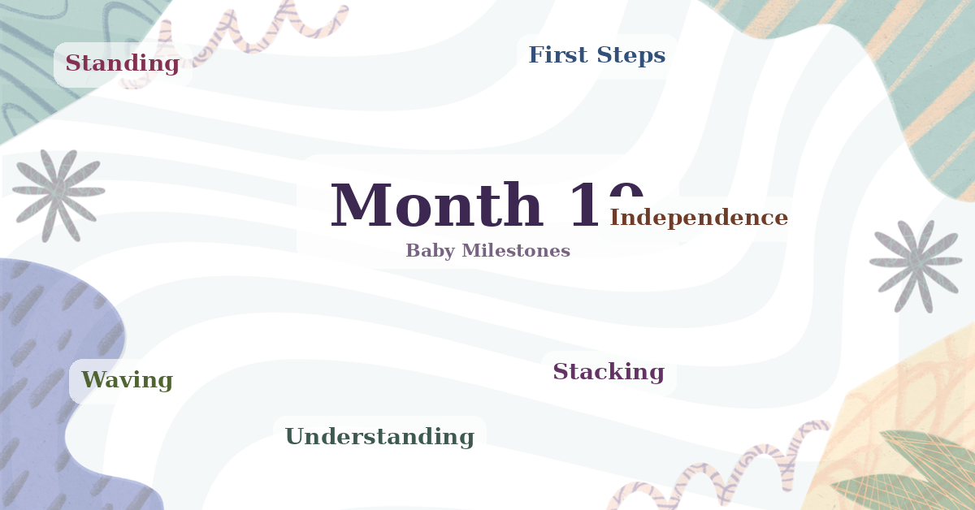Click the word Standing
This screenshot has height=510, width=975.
coord(122,63)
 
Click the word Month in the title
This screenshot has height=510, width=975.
coord(436,206)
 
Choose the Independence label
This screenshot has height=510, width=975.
coord(699,218)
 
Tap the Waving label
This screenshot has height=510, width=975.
coord(127,380)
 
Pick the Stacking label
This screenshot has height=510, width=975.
coord(609,372)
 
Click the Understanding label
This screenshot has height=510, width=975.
coord(379,437)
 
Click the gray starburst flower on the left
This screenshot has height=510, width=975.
coord(58,193)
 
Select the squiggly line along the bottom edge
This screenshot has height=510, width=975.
coord(715,471)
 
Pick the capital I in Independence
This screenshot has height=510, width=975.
coord(615,218)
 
